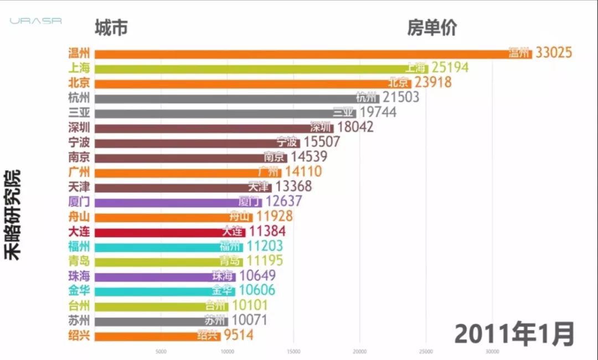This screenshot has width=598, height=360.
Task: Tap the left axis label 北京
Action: pyautogui.click(x=79, y=83)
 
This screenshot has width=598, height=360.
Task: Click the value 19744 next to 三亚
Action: pyautogui.click(x=385, y=112)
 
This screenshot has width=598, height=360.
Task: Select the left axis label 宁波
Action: pyautogui.click(x=79, y=142)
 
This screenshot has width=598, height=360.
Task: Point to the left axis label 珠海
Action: pyautogui.click(x=79, y=276)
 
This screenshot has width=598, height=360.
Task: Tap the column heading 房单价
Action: pyautogui.click(x=432, y=27)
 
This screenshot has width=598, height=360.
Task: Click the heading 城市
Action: pyautogui.click(x=111, y=27)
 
